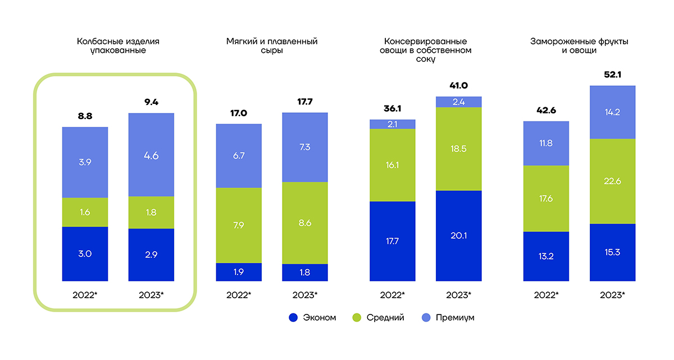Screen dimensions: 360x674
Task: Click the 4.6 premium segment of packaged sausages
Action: point(151,156)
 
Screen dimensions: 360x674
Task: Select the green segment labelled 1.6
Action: point(85,212)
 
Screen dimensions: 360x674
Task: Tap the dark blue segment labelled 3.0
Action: point(85,253)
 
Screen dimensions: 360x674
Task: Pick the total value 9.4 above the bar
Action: point(151,103)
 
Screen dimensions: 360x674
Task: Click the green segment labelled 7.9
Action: point(239,225)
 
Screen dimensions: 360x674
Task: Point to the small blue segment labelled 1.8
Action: point(305,272)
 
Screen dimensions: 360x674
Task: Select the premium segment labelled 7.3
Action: point(305,147)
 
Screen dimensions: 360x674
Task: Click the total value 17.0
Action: point(239,113)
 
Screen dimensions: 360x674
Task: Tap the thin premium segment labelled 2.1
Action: point(392,124)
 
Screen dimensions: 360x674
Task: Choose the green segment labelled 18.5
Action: point(458,149)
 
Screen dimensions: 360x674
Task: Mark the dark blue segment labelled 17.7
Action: point(392,241)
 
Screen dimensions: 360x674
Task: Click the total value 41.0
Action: point(458,86)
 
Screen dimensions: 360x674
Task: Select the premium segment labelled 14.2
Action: point(612,112)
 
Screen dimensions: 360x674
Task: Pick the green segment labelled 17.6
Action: point(546,198)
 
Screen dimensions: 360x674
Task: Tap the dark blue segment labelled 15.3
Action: point(612,252)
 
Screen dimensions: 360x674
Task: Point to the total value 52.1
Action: point(612,75)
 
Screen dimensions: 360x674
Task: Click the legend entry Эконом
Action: point(312,318)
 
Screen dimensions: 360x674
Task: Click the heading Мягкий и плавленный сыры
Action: point(272,45)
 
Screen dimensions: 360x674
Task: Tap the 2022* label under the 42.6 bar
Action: point(546,295)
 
